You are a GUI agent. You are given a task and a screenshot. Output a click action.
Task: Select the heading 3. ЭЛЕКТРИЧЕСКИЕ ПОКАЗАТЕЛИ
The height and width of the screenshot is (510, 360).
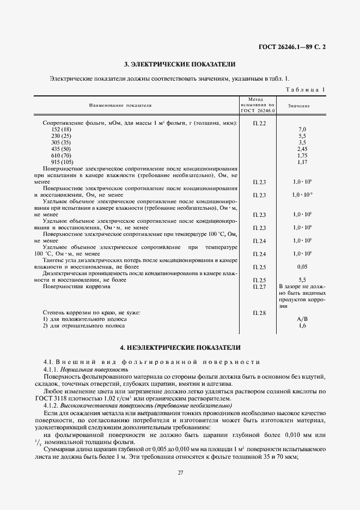180,64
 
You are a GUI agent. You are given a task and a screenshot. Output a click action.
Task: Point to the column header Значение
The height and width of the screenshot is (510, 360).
299,105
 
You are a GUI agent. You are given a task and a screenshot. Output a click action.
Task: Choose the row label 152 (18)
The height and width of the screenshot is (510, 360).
61,129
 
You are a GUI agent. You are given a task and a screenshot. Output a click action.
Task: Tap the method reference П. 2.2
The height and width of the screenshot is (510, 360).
259,123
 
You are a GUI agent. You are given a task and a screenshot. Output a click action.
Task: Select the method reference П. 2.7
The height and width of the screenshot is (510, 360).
259,286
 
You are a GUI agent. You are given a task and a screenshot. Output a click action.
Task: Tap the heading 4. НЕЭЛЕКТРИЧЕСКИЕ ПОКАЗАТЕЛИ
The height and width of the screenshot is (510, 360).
180,347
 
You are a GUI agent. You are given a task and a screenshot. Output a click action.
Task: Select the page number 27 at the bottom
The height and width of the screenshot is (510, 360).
180,473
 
